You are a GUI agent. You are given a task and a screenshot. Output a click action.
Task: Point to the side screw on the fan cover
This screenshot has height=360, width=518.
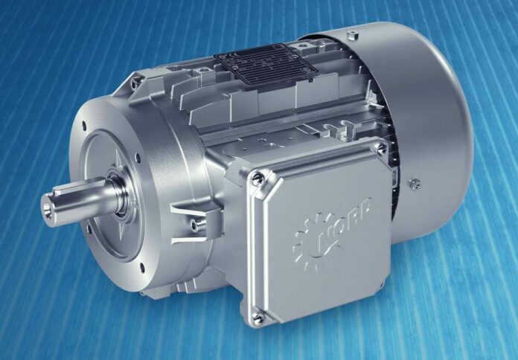pyautogui.click(x=415, y=183)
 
